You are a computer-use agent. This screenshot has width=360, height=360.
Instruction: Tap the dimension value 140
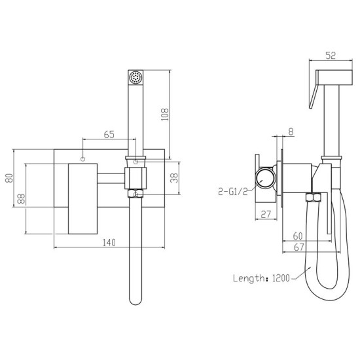point(109,243)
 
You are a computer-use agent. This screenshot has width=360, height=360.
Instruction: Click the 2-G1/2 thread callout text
point(233,192)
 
